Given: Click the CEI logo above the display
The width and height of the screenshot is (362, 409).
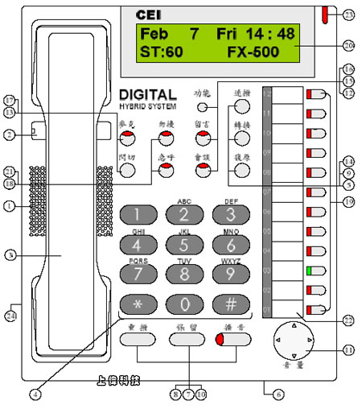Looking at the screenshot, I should (149, 14).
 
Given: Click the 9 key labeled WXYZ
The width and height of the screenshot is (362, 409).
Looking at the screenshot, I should (230, 275).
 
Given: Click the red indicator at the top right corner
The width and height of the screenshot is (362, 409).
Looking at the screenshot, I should (323, 14).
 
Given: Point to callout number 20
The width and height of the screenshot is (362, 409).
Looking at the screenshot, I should (348, 45).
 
